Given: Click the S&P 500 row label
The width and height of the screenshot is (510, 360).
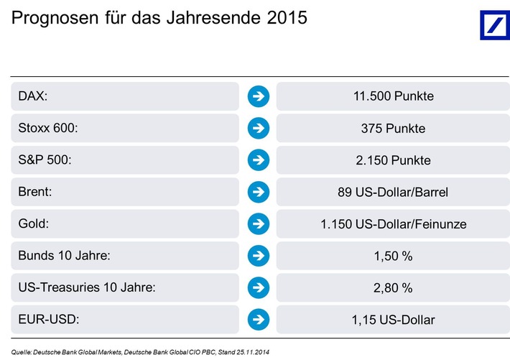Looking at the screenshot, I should click(45, 160).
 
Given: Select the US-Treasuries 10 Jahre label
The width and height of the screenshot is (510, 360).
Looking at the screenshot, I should click(85, 287).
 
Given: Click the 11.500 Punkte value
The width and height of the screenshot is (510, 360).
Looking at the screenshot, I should click(393, 96).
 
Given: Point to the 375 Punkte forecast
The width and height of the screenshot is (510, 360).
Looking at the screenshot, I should click(393, 129).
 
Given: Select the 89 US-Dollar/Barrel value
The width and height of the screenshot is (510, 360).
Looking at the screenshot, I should click(393, 192).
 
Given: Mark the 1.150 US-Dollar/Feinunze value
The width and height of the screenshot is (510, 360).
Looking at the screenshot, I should click(393, 224).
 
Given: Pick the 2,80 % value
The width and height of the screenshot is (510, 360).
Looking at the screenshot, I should click(393, 287).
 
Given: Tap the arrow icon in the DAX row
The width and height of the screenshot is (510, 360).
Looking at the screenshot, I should click(258, 96).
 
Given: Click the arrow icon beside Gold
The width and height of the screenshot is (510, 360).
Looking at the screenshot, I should click(258, 224).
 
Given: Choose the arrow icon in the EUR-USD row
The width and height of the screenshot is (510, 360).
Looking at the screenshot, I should click(258, 319).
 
